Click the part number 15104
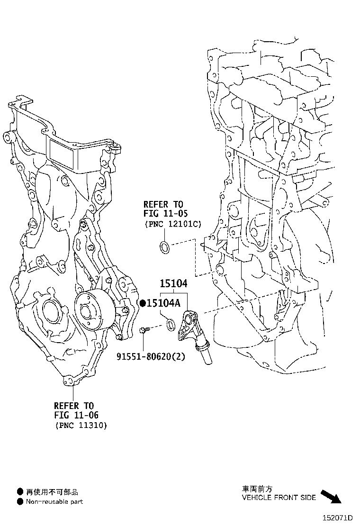click(x=173, y=283)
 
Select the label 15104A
click(x=163, y=303)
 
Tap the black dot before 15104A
click(x=143, y=303)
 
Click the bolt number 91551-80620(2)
click(x=151, y=356)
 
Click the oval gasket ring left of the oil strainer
click(x=171, y=325)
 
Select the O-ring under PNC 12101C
click(x=164, y=247)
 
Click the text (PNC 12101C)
click(x=173, y=224)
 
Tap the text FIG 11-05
click(x=166, y=213)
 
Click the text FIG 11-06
click(x=76, y=415)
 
